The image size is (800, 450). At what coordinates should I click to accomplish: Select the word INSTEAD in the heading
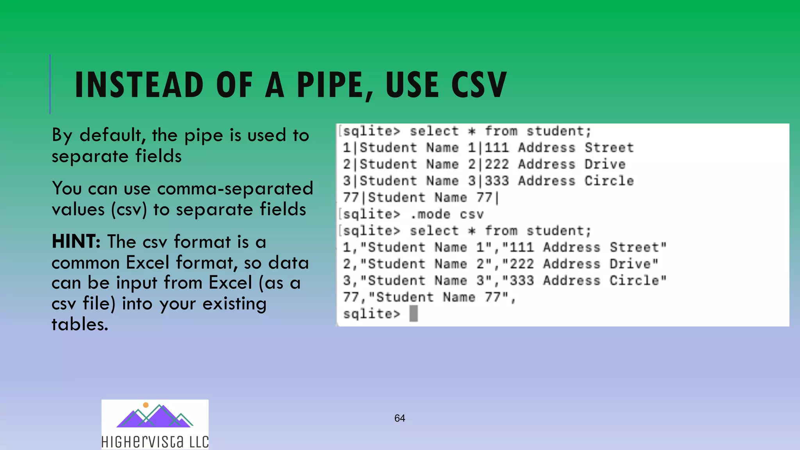[139, 85]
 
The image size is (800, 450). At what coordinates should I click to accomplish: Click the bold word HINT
[76, 241]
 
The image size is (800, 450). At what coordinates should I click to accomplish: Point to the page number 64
[400, 418]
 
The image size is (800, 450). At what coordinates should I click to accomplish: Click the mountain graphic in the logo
[154, 417]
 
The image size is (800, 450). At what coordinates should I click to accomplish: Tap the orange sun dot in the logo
[146, 405]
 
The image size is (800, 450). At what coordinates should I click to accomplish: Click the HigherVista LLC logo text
[155, 442]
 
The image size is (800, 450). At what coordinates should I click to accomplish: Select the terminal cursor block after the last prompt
[414, 314]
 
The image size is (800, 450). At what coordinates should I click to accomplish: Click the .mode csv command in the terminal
[447, 214]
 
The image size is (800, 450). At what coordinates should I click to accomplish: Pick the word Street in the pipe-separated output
[609, 148]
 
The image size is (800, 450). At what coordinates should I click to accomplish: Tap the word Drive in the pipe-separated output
[605, 164]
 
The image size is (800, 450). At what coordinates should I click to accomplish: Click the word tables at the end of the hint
[80, 324]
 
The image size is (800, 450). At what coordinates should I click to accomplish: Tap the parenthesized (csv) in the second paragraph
[129, 210]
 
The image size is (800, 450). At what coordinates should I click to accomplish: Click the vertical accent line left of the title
[50, 84]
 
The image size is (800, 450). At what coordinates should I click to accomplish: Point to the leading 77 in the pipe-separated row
[351, 198]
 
